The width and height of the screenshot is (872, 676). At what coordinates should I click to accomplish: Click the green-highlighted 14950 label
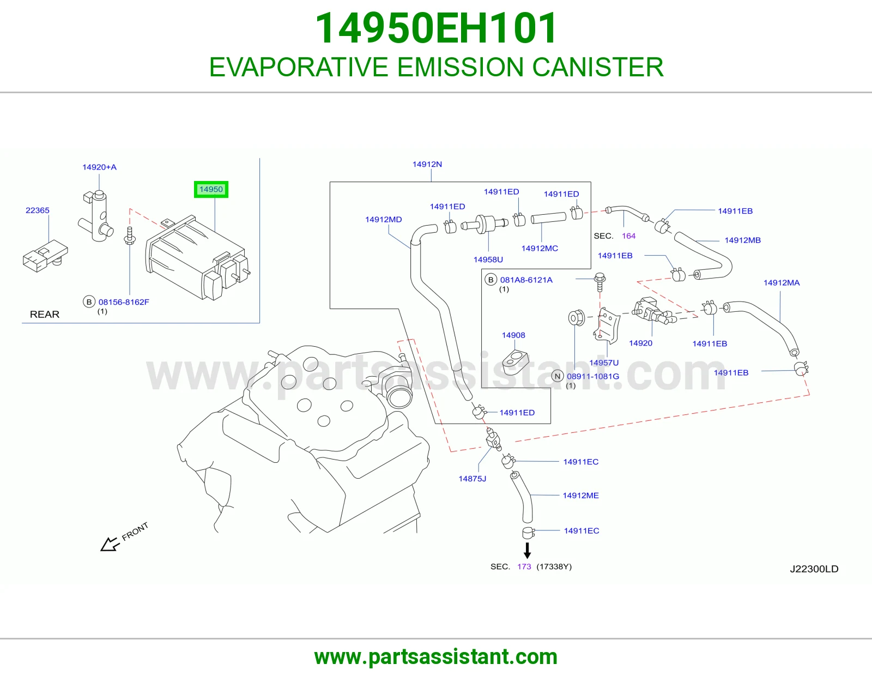[211, 189]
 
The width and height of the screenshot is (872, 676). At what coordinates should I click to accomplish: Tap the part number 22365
[37, 210]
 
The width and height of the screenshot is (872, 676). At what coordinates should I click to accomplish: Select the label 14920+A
[100, 167]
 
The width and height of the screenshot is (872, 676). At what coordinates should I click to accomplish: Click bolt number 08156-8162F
[124, 302]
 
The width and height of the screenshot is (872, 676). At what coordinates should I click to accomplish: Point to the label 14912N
[427, 164]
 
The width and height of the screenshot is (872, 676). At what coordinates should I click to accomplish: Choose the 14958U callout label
[488, 259]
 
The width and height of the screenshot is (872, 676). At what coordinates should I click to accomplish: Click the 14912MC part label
[540, 248]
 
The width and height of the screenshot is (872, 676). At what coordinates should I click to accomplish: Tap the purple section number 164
[628, 236]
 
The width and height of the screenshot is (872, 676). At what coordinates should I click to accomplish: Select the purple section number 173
[524, 566]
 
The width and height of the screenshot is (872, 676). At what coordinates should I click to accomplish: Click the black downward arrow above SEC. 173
[528, 551]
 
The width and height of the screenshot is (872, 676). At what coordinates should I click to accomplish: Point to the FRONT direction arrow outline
[110, 544]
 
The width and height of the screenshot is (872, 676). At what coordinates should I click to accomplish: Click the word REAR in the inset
[45, 315]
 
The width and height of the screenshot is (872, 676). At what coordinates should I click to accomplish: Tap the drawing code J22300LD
[814, 569]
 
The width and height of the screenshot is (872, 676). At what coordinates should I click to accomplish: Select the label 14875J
[473, 479]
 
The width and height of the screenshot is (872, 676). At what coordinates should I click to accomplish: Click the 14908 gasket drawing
[515, 363]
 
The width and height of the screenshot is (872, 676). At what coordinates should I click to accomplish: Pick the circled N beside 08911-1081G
[557, 376]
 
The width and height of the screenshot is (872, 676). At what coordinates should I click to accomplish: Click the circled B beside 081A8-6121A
[491, 280]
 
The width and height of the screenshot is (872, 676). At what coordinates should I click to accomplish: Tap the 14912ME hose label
[580, 496]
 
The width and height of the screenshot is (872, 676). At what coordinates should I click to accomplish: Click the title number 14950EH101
[436, 28]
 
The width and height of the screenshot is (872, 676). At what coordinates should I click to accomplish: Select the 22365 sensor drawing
[45, 256]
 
